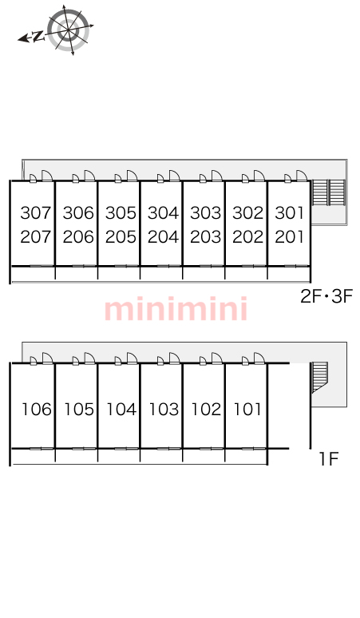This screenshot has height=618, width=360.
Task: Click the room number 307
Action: coord(36,213)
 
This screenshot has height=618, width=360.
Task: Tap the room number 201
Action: coord(290,237)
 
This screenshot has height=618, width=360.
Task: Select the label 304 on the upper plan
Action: coord(163,213)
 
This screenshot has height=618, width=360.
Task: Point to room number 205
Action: coord(121,237)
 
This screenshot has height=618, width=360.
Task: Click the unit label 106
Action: coord(37,410)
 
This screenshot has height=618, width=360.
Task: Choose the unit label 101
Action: coord(247,410)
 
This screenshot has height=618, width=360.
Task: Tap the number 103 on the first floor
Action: coord(164,410)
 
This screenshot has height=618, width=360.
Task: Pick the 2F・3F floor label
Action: coord(326,296)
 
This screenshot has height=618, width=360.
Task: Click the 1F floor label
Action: coord(329,459)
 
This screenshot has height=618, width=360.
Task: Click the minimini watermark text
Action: coord(176,309)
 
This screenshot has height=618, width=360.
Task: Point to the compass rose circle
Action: coord(69,30)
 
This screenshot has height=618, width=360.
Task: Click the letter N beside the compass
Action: coord(38,37)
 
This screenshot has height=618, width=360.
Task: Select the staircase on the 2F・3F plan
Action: coord(329,192)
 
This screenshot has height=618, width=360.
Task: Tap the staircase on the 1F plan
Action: coord(319,377)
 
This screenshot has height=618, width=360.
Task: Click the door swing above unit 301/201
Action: coord(302,176)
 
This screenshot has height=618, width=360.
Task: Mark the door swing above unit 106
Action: coord(47,359)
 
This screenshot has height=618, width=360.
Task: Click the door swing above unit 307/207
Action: coord(47,176)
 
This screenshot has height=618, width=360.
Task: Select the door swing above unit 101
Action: coord(259,359)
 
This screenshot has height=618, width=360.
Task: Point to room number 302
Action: coord(247,213)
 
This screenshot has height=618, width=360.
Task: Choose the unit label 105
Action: coord(79,410)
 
